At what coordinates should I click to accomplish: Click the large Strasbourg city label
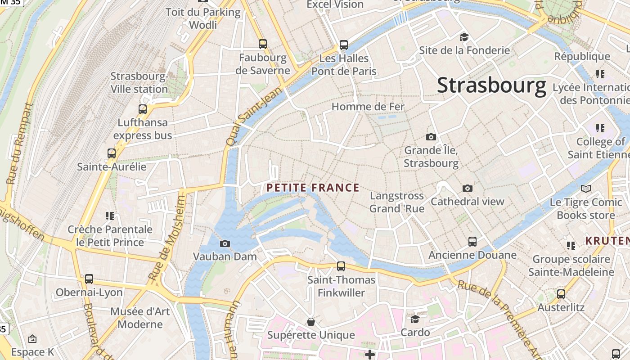coord(491,85)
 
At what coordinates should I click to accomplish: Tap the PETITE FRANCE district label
coord(313,188)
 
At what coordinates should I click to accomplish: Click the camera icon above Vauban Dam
coord(225,244)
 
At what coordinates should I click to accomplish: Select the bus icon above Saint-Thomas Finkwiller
coord(341,266)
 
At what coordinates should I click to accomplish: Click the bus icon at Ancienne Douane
coord(472,242)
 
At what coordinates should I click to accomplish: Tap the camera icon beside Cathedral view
coord(468,189)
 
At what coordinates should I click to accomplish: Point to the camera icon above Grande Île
coord(431,137)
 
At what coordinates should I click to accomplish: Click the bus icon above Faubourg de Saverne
coord(263,44)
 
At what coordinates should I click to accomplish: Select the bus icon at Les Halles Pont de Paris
coord(344,45)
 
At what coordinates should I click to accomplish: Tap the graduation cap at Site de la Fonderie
coord(464,37)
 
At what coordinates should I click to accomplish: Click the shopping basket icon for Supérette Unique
coord(310,322)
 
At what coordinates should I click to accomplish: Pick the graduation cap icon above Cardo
coord(415,319)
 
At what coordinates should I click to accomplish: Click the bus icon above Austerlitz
coord(561,294)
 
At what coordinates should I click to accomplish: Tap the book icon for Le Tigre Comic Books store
coord(585,189)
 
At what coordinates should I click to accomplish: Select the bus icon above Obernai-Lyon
coord(89,279)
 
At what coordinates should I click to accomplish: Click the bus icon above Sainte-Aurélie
coord(112,153)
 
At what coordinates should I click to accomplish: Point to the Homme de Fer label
coord(368,107)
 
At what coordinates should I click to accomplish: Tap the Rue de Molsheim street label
coord(167,238)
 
